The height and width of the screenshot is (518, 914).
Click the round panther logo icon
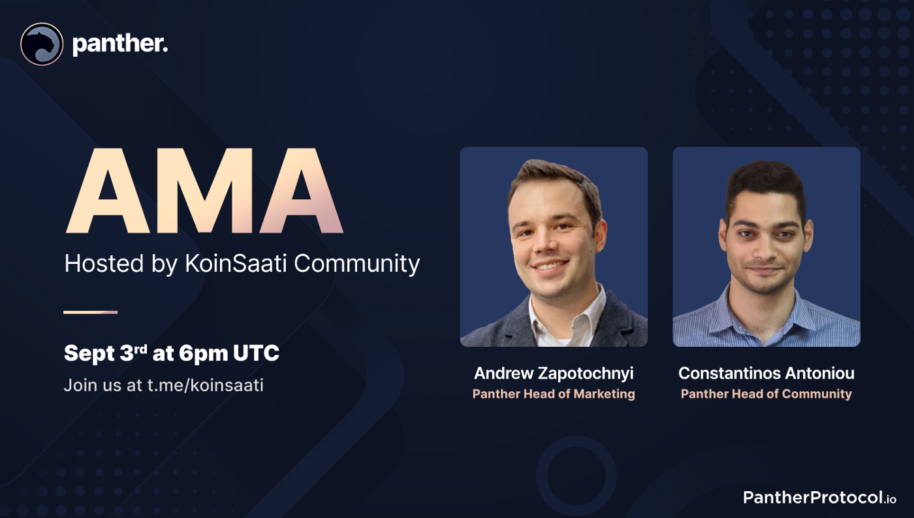click(42, 44)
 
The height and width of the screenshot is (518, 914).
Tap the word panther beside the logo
click(120, 44)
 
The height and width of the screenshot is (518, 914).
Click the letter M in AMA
click(204, 191)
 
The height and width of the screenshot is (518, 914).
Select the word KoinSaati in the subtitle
click(236, 263)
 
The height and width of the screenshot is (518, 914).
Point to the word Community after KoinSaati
click(356, 264)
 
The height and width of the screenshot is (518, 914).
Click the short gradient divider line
click(90, 312)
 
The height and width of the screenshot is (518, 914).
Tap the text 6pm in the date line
click(203, 353)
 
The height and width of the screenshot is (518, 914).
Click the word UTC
click(256, 353)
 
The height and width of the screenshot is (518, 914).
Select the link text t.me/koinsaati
click(205, 385)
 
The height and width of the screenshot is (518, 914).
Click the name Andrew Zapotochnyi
click(554, 374)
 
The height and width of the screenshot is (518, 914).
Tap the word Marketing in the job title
click(605, 394)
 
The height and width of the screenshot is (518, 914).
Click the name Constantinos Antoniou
click(766, 373)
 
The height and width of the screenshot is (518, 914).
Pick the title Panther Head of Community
click(766, 394)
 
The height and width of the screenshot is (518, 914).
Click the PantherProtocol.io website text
click(819, 498)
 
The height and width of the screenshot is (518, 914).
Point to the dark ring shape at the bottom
click(576, 440)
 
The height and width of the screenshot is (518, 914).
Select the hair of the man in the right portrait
click(766, 184)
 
